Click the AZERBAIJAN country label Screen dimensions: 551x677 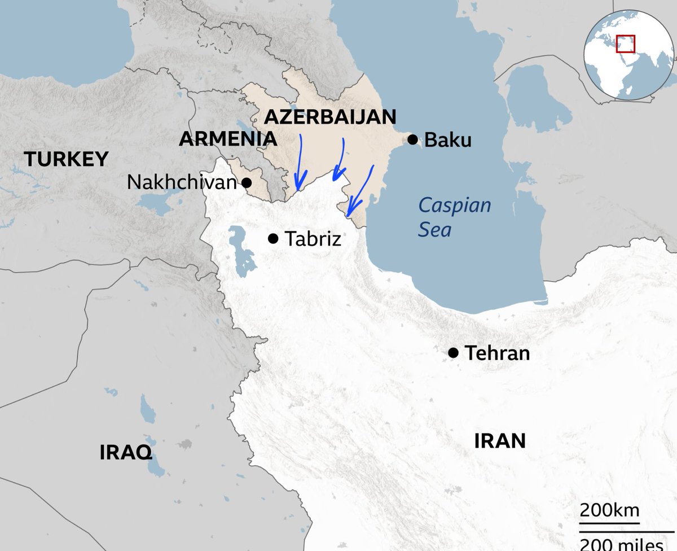(x=330, y=117)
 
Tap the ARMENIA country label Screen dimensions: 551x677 (x=227, y=139)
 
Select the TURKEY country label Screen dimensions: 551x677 (x=66, y=159)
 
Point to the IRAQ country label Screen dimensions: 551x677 (x=126, y=452)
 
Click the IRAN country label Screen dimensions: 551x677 (x=499, y=440)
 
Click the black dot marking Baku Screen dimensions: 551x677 (x=414, y=139)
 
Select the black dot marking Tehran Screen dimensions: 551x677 (x=453, y=353)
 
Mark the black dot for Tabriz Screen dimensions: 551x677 (x=273, y=238)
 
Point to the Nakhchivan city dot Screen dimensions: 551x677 (x=247, y=182)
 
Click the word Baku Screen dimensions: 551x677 (x=447, y=139)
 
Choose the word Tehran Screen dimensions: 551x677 (x=497, y=353)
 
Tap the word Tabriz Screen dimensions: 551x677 (x=313, y=239)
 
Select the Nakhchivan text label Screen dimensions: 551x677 (x=182, y=182)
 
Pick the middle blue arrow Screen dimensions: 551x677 (x=340, y=160)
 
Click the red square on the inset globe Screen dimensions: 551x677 (x=625, y=43)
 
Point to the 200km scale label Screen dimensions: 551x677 (x=609, y=511)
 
